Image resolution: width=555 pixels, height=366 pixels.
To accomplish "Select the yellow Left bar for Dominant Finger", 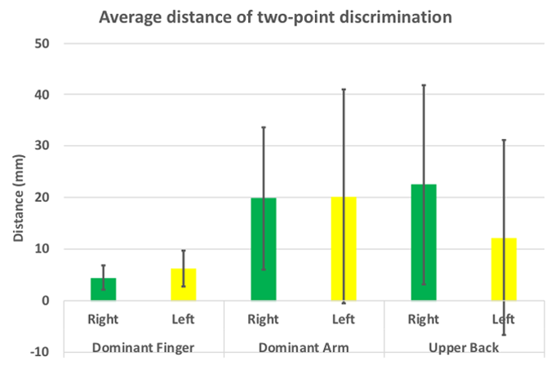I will [x=184, y=285].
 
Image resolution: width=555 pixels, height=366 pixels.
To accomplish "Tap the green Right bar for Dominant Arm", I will [x=264, y=249].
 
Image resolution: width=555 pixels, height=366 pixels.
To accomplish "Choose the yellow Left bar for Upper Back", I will [x=504, y=270].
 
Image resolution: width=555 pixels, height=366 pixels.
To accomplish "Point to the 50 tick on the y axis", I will [x=42, y=43].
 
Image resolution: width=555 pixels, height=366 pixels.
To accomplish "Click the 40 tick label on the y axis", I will [x=42, y=95].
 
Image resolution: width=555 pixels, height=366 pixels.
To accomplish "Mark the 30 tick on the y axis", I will [x=42, y=146].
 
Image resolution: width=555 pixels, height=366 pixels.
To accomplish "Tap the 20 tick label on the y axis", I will [x=42, y=198].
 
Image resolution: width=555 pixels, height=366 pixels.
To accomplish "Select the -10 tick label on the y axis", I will [x=40, y=352].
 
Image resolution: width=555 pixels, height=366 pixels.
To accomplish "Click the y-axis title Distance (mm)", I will [x=19, y=198].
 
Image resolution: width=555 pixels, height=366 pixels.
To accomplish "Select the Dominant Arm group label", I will [x=304, y=348].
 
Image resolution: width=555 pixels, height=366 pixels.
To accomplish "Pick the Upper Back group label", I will [x=464, y=348].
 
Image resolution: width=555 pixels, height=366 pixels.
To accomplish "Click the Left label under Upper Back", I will [x=504, y=320].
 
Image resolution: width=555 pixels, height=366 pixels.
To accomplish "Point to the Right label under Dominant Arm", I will [x=264, y=320].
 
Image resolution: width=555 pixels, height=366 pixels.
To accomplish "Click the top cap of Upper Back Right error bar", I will [x=424, y=85].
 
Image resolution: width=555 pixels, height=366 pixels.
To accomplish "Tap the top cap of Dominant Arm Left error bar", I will [x=344, y=89].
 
